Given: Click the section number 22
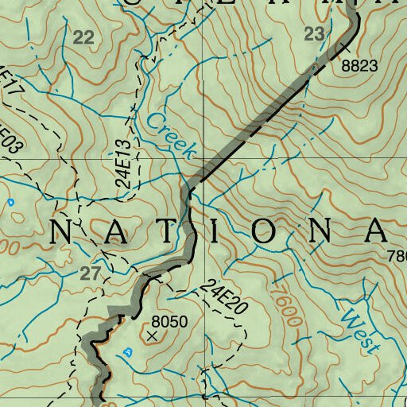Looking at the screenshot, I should (x=83, y=37).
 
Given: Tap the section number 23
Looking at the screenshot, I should (x=315, y=33).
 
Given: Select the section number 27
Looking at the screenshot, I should (x=91, y=273).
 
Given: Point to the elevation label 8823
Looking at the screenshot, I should (x=359, y=66).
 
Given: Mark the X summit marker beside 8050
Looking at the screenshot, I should (x=153, y=335).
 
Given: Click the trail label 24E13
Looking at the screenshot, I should (x=122, y=163).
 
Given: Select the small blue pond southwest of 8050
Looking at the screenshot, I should (x=128, y=351).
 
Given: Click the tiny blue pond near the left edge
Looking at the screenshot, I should (x=11, y=203).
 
